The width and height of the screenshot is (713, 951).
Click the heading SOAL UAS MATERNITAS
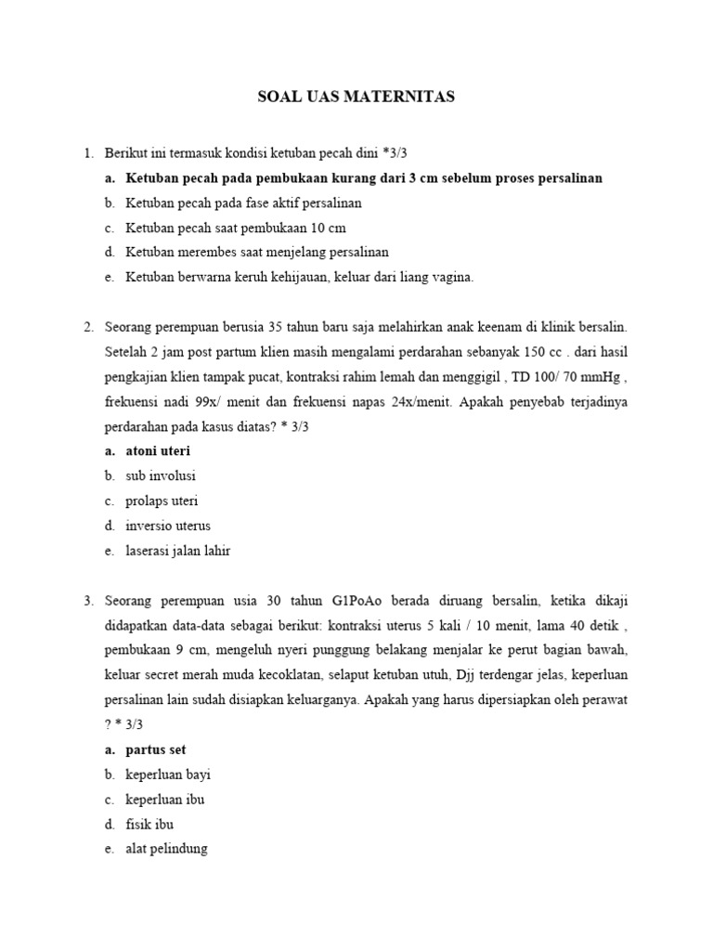click(356, 97)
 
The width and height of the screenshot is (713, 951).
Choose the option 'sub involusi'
click(161, 476)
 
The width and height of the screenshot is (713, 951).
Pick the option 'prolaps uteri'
click(162, 502)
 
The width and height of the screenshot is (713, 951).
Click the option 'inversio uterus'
click(168, 526)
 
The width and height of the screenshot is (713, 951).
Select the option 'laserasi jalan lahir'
click(178, 551)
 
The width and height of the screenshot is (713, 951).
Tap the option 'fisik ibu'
click(149, 824)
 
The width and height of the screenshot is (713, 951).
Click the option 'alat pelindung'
click(167, 849)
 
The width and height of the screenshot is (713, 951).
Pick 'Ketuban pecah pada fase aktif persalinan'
click(244, 202)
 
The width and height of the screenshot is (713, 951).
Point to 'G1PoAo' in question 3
click(359, 601)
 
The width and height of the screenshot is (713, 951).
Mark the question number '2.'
click(88, 327)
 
